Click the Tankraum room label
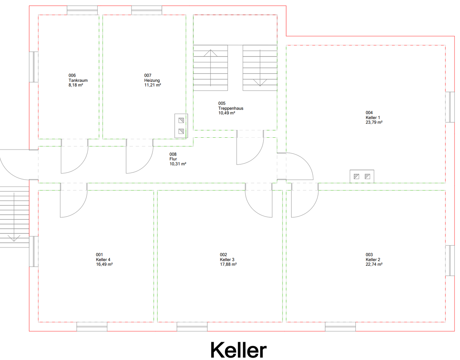[x=78, y=80]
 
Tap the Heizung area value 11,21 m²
[x=153, y=85]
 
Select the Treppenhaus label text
[x=231, y=108]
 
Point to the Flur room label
[x=173, y=159]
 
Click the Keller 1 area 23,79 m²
[x=374, y=122]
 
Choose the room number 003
[x=369, y=255]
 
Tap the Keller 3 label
[x=227, y=260]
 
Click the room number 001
[x=99, y=255]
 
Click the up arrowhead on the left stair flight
[x=211, y=53]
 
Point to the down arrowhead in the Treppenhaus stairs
[x=260, y=83]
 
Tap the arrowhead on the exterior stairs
[x=14, y=238]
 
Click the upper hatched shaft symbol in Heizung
[x=181, y=120]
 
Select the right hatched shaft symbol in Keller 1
[x=367, y=176]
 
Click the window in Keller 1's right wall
[x=450, y=107]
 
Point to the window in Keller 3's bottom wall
[x=192, y=327]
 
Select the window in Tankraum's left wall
[x=34, y=67]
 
